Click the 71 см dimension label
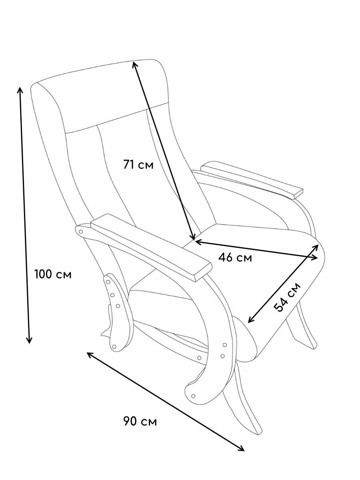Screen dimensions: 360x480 coord(138,164)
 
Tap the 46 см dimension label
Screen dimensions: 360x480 coord(235,258)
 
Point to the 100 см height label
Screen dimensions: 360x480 coord(53,275)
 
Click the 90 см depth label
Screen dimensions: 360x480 coord(140,421)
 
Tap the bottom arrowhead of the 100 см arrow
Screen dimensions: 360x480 coord(29,340)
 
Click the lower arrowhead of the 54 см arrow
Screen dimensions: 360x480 coord(250,320)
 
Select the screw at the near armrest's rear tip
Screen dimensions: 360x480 coord(81,232)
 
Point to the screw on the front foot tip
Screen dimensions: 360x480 coord(194,396)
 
